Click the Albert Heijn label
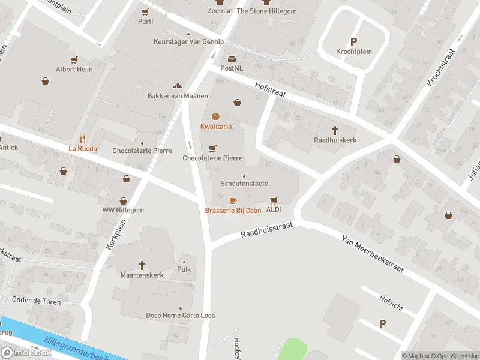coord(74,70)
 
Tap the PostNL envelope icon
coord(232,58)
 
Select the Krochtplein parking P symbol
coord(353,41)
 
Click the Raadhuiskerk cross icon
coord(335,130)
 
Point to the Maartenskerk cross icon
coord(142,265)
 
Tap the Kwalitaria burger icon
coord(215,116)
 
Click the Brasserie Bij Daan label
coord(233,211)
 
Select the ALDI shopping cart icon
coord(274,200)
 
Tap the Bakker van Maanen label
coord(178,96)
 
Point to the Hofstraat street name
coord(270,90)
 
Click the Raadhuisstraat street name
coord(267,229)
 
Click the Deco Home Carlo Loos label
coord(181,316)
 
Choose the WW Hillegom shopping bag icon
coord(123,201)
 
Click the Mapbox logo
coord(27,353)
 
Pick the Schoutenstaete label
coord(244,184)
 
